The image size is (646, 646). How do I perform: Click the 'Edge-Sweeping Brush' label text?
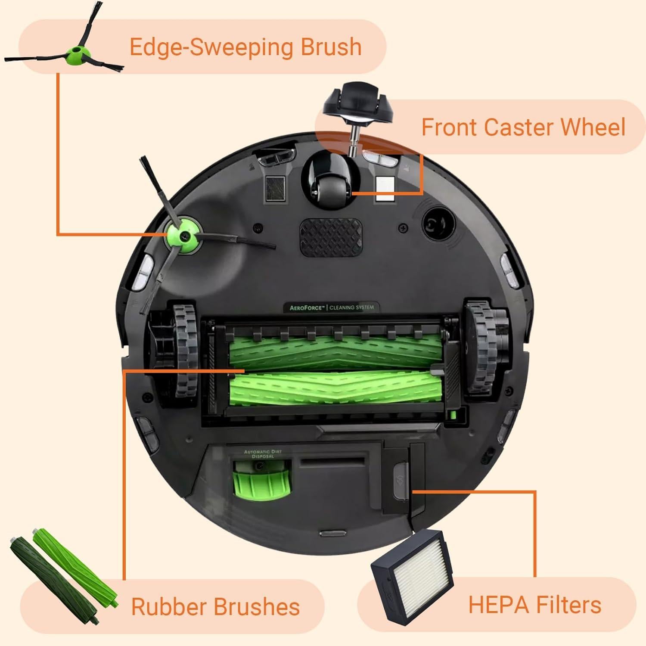click(x=245, y=47)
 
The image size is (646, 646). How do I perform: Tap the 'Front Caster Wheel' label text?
click(x=523, y=127)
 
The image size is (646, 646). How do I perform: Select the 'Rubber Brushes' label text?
click(x=215, y=607)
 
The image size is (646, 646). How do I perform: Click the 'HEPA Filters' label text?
click(x=534, y=604)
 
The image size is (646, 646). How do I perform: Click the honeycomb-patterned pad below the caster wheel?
click(x=331, y=236)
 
